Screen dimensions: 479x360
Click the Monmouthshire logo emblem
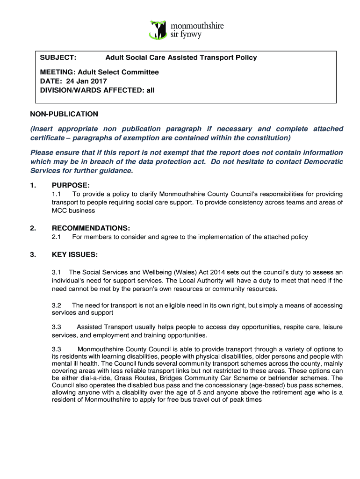[158, 29]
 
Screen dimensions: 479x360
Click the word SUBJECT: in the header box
[58, 58]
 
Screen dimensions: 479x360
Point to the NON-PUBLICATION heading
[64, 114]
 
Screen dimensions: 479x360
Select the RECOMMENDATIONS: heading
[91, 228]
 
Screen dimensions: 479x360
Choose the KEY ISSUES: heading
[74, 254]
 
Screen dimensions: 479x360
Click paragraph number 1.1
[57, 194]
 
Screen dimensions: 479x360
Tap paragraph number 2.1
[57, 237]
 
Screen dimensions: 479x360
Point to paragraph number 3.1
[57, 272]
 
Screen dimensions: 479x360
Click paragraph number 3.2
[57, 305]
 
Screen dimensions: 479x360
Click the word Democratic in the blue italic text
[324, 161]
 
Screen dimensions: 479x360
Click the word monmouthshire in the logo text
[197, 26]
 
